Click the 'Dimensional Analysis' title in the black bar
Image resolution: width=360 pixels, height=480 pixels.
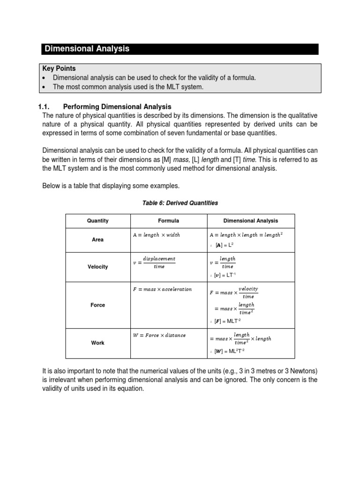[86, 49]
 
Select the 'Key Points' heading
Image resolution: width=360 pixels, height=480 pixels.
[59, 68]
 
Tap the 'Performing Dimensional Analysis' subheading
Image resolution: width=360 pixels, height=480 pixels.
[117, 107]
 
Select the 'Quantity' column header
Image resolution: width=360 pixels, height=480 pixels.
[97, 221]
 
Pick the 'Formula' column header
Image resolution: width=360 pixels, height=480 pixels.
[168, 221]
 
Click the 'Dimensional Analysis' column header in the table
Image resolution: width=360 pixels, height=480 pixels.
[250, 221]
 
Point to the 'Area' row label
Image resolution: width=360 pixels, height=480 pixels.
[97, 240]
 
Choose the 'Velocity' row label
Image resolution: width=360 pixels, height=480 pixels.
[97, 267]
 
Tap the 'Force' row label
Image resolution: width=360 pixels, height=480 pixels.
[97, 305]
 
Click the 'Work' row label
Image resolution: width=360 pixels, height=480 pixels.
[97, 343]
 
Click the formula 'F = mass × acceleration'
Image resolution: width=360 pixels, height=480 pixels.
[163, 289]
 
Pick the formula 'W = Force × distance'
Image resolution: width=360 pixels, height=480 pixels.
[159, 335]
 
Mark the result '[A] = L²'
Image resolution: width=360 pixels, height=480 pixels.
[225, 245]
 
